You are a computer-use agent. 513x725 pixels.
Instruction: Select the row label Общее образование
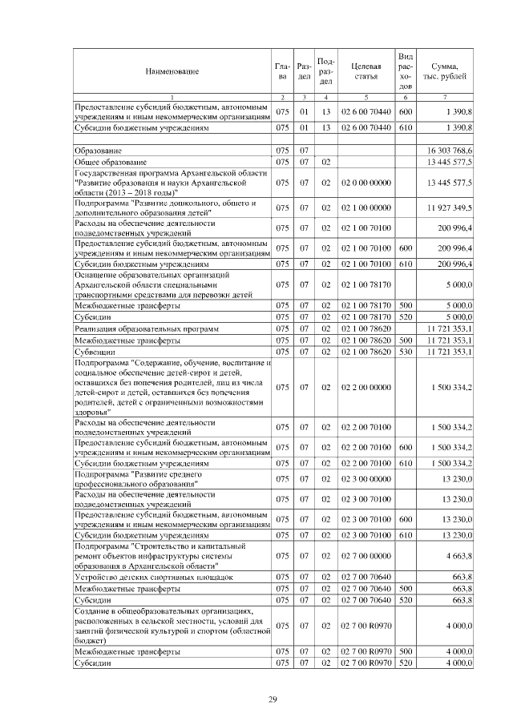(109, 162)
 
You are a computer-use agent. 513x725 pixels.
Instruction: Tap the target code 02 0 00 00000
(366, 183)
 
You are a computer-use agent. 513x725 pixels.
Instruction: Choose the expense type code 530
(406, 351)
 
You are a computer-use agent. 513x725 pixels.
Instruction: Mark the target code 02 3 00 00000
(366, 479)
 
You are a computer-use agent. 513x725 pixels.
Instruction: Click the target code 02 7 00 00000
(366, 554)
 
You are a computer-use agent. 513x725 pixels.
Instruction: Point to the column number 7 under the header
(445, 97)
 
